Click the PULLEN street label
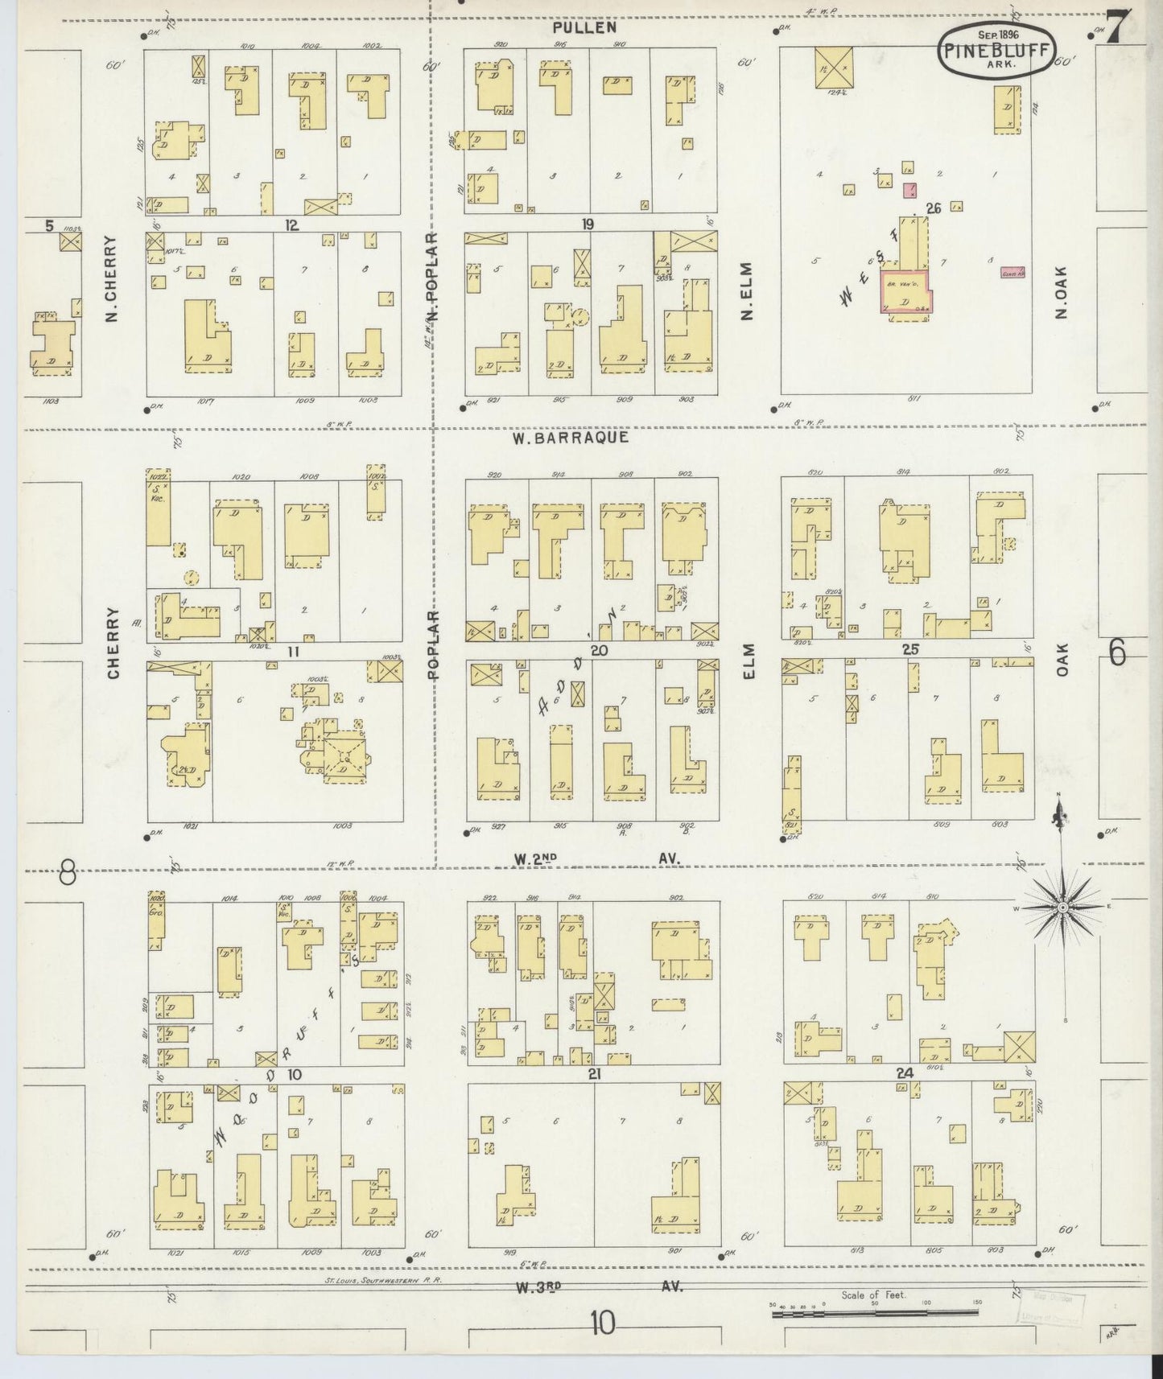point(585,27)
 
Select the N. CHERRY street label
point(112,278)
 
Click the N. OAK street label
point(1061,291)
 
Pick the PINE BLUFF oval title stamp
point(995,51)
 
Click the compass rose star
point(1062,907)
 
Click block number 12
point(291,225)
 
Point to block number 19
point(588,224)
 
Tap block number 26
point(933,208)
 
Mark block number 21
point(595,1073)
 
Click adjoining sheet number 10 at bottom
point(602,1322)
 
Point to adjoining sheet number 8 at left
point(68,871)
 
